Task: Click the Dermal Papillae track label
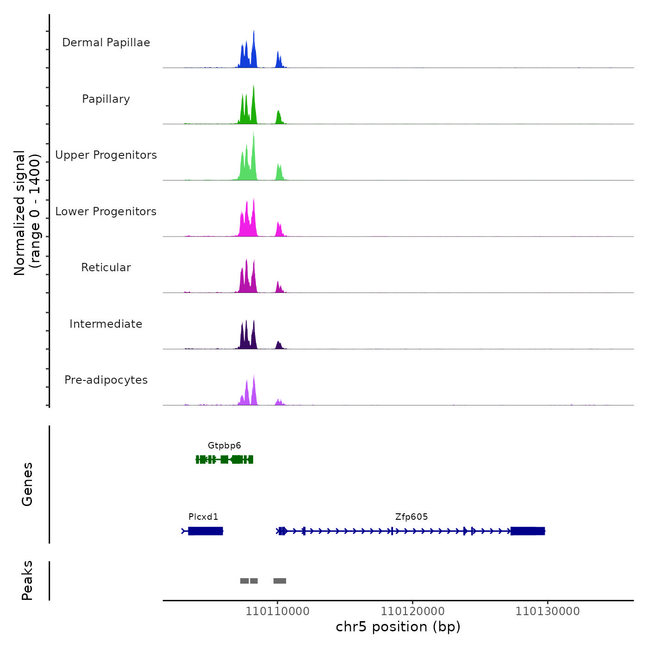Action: [x=106, y=43]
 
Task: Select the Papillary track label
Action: [x=106, y=99]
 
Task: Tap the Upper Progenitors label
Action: [x=106, y=155]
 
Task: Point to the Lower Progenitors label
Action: [x=106, y=212]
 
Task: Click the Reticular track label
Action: [x=106, y=268]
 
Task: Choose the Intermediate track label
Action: [x=106, y=324]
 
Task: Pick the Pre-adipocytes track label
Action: [x=106, y=380]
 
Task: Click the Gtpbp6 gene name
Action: [x=224, y=446]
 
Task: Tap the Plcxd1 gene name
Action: [x=203, y=517]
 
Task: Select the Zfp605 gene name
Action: [x=411, y=517]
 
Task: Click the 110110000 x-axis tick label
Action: [x=277, y=611]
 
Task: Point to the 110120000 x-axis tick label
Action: [x=412, y=611]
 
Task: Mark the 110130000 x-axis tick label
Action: [x=548, y=611]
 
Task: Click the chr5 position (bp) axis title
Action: [x=398, y=627]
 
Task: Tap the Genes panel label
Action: [x=27, y=484]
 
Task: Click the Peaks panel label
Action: [x=27, y=580]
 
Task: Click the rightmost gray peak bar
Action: [x=280, y=581]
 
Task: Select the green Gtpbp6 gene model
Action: [x=224, y=459]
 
